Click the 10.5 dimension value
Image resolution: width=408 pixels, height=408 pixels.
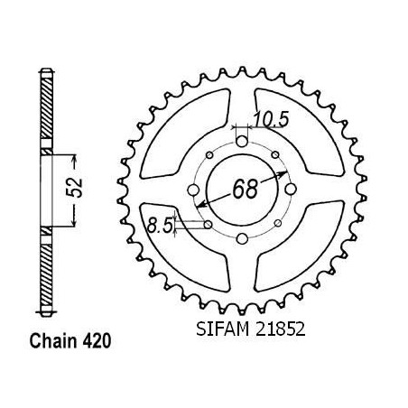click(x=272, y=119)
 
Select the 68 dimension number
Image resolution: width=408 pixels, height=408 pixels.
click(x=246, y=190)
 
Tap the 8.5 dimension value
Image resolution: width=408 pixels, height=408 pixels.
click(x=160, y=226)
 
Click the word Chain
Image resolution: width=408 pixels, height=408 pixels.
click(x=53, y=341)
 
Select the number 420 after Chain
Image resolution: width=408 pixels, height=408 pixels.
click(x=97, y=341)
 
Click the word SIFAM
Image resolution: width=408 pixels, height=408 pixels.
click(x=223, y=329)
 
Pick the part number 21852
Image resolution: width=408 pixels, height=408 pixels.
click(x=280, y=329)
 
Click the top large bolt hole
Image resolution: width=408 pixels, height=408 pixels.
click(x=242, y=142)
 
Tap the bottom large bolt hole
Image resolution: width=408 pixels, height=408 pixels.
click(x=242, y=239)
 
